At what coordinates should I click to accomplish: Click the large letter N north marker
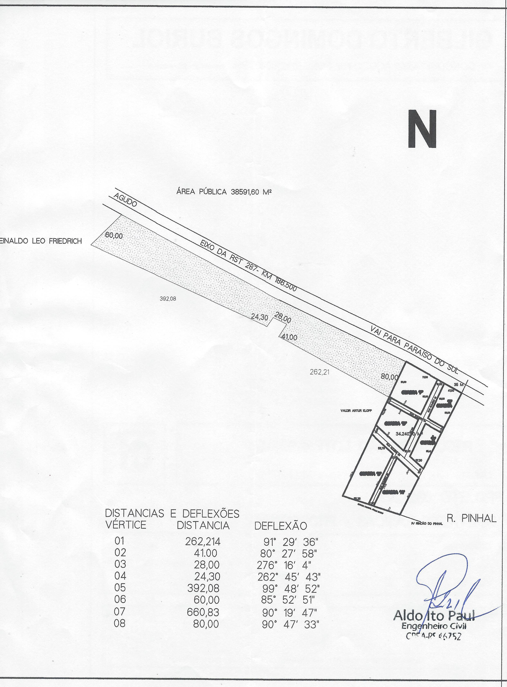coord(422,129)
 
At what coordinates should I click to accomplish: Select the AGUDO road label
coord(125,200)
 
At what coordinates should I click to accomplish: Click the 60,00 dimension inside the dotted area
coord(114,236)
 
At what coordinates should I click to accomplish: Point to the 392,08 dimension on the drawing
coord(168,298)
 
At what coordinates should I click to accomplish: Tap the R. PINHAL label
coord(471,518)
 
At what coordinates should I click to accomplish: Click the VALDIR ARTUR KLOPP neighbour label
coord(356,410)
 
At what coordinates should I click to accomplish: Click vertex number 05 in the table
coord(120,588)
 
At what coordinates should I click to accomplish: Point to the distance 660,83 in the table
coord(203,612)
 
